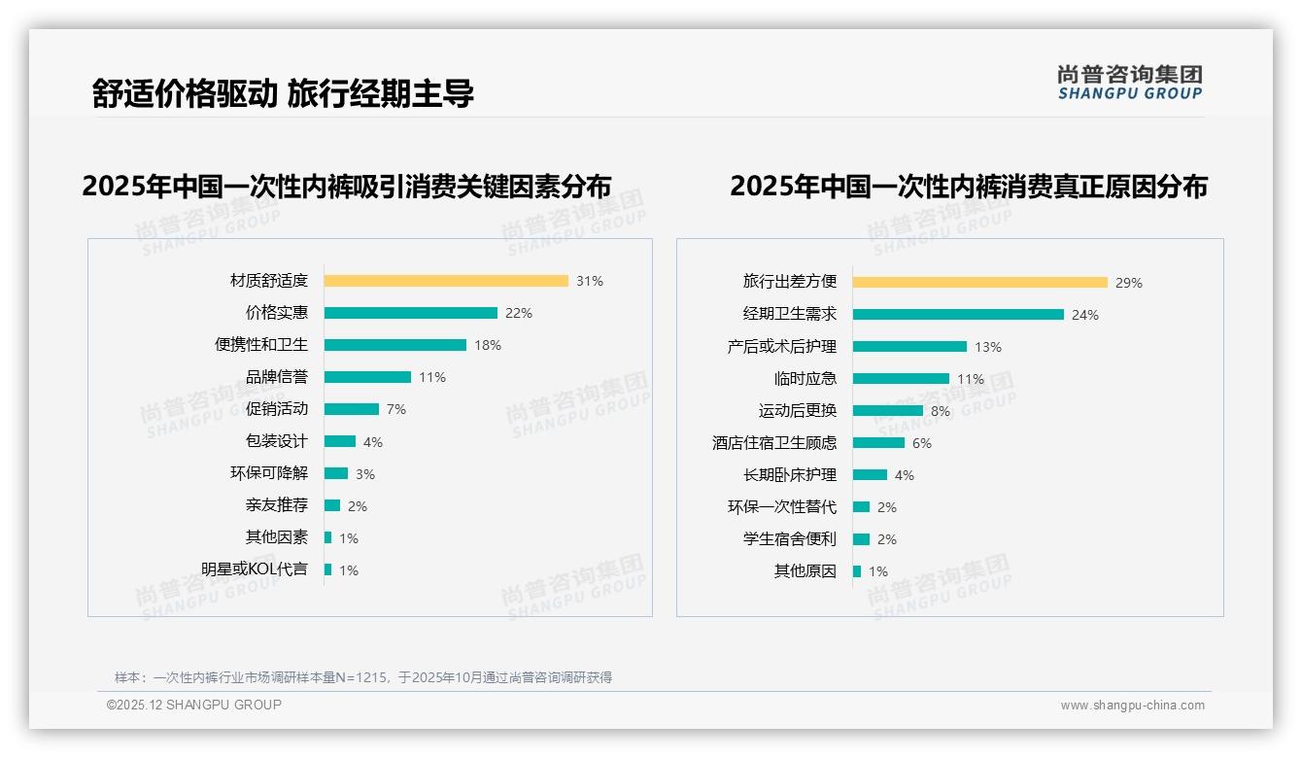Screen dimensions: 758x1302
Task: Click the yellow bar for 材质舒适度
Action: point(446,281)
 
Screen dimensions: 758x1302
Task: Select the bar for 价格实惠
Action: point(410,313)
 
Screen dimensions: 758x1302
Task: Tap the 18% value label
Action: point(488,345)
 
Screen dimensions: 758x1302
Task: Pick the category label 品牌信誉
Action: point(276,377)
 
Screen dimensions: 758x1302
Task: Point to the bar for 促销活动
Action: point(351,409)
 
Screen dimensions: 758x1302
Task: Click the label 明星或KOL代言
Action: point(254,569)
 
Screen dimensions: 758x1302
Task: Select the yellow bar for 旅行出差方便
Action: point(979,283)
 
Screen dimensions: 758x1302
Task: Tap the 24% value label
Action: point(1084,315)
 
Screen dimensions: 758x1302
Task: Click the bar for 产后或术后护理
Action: point(909,347)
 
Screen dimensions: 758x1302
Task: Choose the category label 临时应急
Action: point(805,379)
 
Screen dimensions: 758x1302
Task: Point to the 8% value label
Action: point(940,411)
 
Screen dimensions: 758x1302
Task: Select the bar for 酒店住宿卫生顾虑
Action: point(878,443)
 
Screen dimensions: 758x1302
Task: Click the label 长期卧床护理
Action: point(789,475)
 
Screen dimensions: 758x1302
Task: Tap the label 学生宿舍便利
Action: point(789,539)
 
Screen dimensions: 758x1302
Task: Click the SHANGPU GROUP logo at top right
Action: point(1129,83)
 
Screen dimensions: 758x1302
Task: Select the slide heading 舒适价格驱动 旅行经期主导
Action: point(283,93)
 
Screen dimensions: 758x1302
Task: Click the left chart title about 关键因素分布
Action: point(347,187)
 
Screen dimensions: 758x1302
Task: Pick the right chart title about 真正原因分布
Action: point(968,187)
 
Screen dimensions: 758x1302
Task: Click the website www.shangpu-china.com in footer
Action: point(1132,706)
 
